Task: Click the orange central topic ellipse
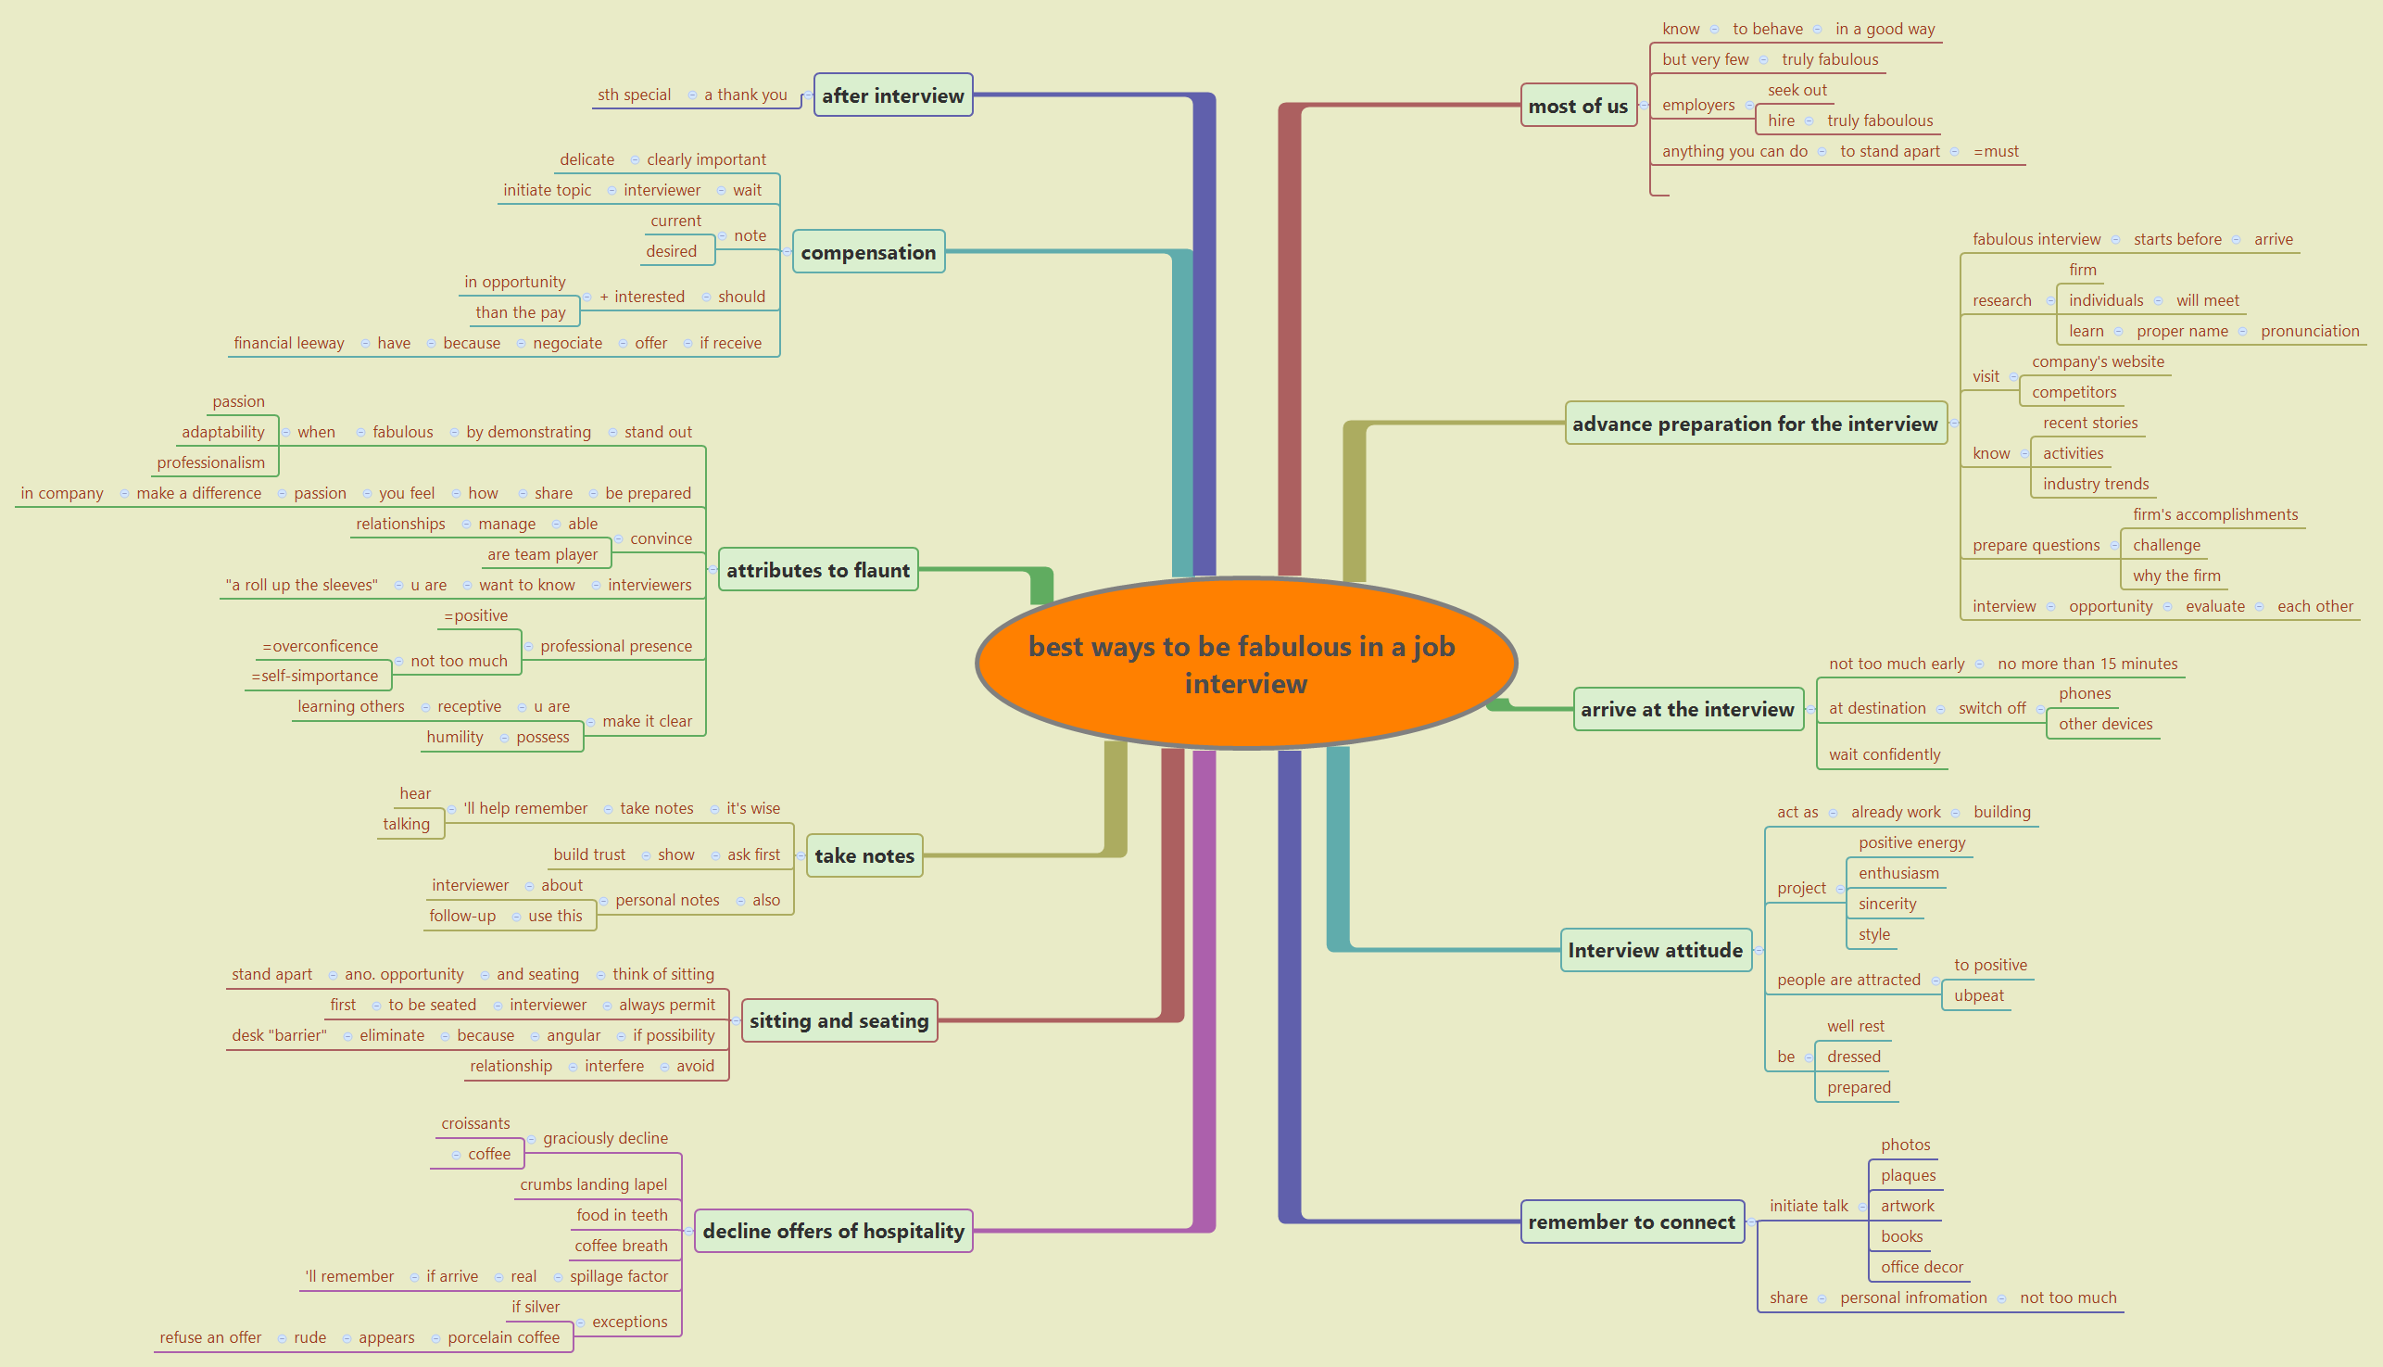[x=1245, y=664]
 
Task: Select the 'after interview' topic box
[x=892, y=95]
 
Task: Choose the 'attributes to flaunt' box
[x=817, y=570]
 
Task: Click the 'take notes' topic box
[x=864, y=855]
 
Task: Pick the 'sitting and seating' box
[x=839, y=1020]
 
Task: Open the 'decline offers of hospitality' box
[x=834, y=1231]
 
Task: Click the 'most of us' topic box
[x=1578, y=106]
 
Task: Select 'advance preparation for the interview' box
[x=1755, y=424]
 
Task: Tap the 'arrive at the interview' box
[x=1687, y=709]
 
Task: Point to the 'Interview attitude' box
[x=1656, y=950]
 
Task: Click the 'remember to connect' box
[x=1633, y=1221]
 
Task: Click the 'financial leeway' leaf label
[x=289, y=343]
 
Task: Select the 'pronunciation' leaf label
[x=2310, y=331]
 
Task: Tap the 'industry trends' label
[x=2096, y=484]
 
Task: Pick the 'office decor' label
[x=1922, y=1267]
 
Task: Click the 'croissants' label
[x=476, y=1123]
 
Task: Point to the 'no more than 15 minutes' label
[x=2087, y=664]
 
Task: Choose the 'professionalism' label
[x=211, y=462]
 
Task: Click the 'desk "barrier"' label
[x=280, y=1034]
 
